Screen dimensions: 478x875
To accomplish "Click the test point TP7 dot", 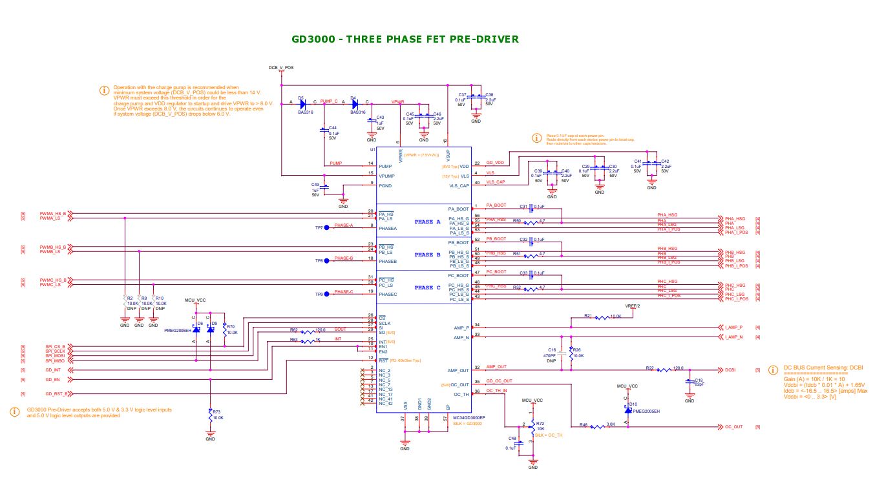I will coord(327,227).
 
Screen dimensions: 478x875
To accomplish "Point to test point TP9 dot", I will coord(327,294).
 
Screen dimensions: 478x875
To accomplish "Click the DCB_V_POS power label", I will coord(281,67).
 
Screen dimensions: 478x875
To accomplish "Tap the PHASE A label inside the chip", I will coord(427,222).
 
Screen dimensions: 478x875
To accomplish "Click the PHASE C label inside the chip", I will coord(427,287).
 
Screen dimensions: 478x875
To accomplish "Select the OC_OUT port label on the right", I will coord(733,427).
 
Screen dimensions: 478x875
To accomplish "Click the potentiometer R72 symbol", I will coord(532,426).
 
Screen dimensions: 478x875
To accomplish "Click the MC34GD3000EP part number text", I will coord(469,418).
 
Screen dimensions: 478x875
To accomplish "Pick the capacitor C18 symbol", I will coord(690,382).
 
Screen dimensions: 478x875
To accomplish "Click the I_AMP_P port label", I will coord(733,327).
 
